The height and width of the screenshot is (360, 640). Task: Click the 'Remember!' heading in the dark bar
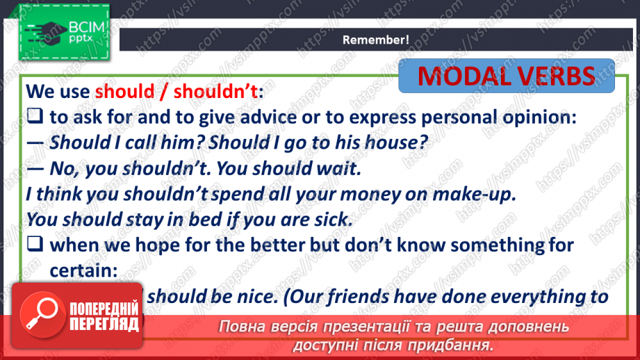[x=375, y=40]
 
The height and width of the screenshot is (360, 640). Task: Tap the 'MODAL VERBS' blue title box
[x=507, y=76]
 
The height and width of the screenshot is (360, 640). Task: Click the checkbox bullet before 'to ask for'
[x=35, y=118]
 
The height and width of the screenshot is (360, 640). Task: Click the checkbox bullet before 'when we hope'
[x=35, y=244]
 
